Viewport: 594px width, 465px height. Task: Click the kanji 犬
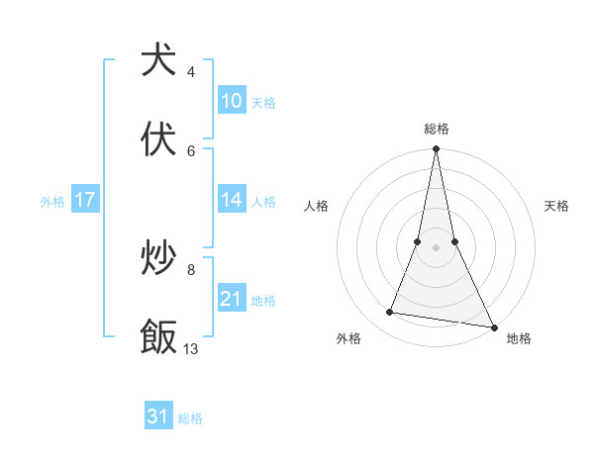click(x=159, y=60)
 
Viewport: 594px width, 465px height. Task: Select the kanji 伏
click(x=159, y=139)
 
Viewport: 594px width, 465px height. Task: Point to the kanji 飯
click(x=159, y=336)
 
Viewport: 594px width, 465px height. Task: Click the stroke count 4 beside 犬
click(x=190, y=72)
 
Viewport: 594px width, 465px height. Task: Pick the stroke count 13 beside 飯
click(x=191, y=348)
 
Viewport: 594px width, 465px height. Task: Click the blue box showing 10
click(x=232, y=101)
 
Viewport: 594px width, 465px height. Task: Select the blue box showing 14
click(x=232, y=200)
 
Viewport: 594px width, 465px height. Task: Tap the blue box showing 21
click(x=232, y=299)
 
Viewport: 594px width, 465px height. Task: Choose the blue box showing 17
click(x=85, y=200)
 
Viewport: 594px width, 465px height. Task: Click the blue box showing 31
click(x=158, y=417)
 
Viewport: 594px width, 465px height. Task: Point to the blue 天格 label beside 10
click(x=263, y=102)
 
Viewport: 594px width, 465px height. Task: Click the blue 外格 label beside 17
click(x=52, y=201)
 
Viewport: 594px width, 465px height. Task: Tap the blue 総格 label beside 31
click(x=190, y=418)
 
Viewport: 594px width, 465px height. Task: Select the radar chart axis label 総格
click(x=437, y=129)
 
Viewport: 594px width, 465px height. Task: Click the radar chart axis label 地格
click(x=519, y=338)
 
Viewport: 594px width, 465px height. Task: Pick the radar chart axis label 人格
click(x=316, y=206)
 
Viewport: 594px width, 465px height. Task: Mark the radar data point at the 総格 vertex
click(x=436, y=149)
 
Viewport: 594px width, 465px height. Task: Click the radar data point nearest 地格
click(x=493, y=325)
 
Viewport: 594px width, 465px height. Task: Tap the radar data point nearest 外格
click(x=390, y=313)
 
